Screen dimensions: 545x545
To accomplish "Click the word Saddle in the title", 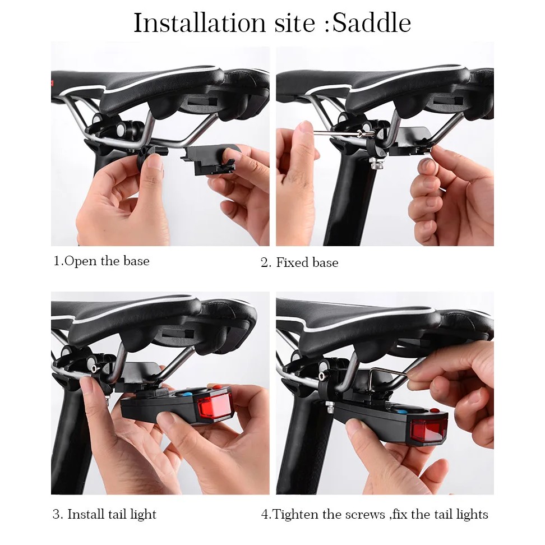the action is [x=372, y=23].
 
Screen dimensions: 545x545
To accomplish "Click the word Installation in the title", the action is [x=200, y=23].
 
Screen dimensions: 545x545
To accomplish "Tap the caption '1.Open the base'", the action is [x=101, y=261].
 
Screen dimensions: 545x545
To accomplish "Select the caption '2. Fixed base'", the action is [x=299, y=262].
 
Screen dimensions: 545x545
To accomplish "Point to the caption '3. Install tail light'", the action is [x=105, y=514].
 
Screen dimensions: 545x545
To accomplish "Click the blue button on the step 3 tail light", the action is [x=187, y=394].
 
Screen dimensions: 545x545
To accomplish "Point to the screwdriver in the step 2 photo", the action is [x=344, y=132].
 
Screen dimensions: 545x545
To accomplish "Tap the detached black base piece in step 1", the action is [x=207, y=159].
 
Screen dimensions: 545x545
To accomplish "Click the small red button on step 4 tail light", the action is [x=434, y=410].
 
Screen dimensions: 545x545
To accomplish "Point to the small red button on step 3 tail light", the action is [x=216, y=387].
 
